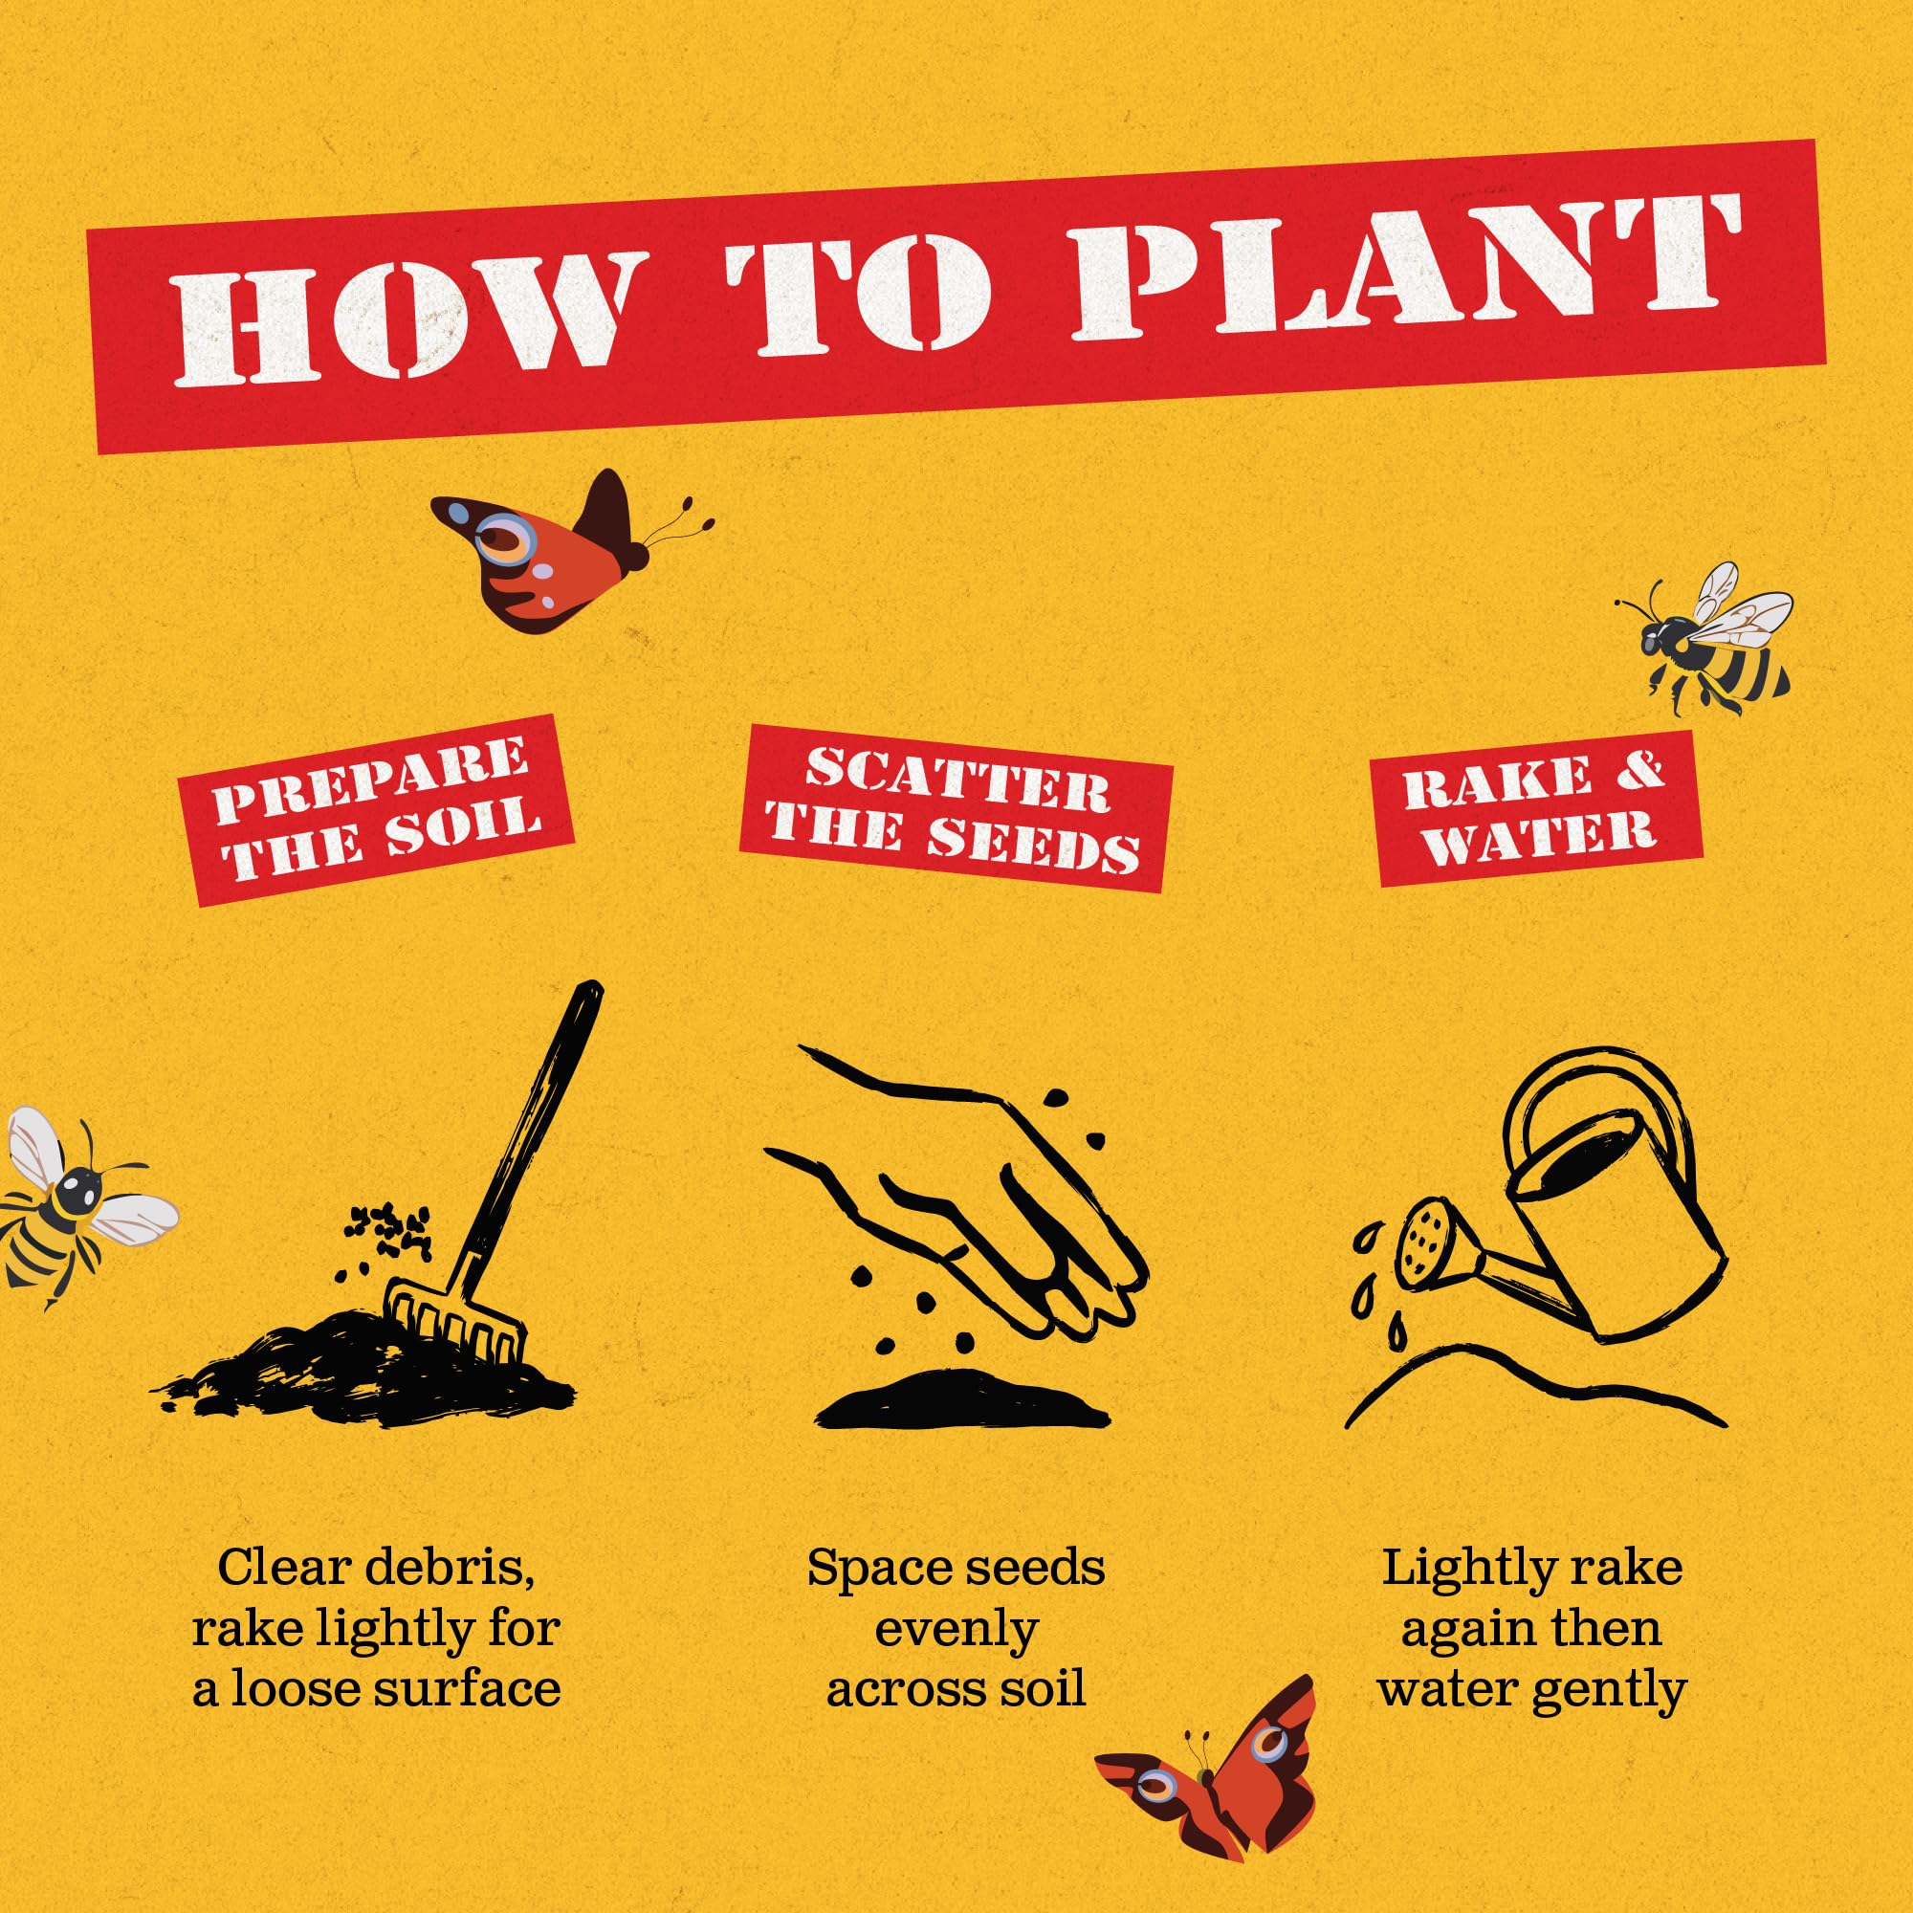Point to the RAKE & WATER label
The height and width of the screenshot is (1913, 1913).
[1540, 808]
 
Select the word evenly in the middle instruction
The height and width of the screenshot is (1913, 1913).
[956, 1630]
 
